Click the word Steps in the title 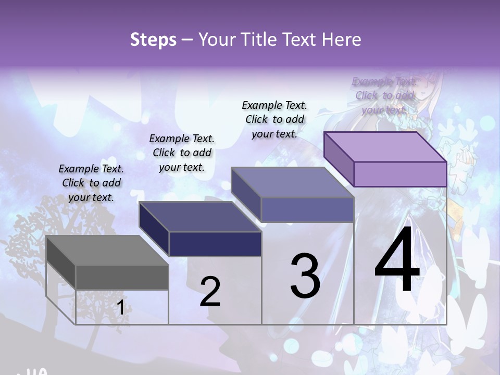[x=153, y=40]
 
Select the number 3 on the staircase [x=305, y=276]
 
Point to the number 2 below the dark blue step [x=210, y=292]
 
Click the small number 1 [x=120, y=308]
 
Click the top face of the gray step [x=107, y=251]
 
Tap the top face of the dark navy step [x=201, y=217]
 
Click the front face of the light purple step [x=400, y=174]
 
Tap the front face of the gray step [x=122, y=277]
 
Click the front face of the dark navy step [x=215, y=244]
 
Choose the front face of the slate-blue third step [x=307, y=209]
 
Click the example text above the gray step [x=91, y=183]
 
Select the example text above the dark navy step [x=182, y=153]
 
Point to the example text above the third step [x=274, y=119]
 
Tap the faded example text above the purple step [x=384, y=95]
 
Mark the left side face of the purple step [x=339, y=159]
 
